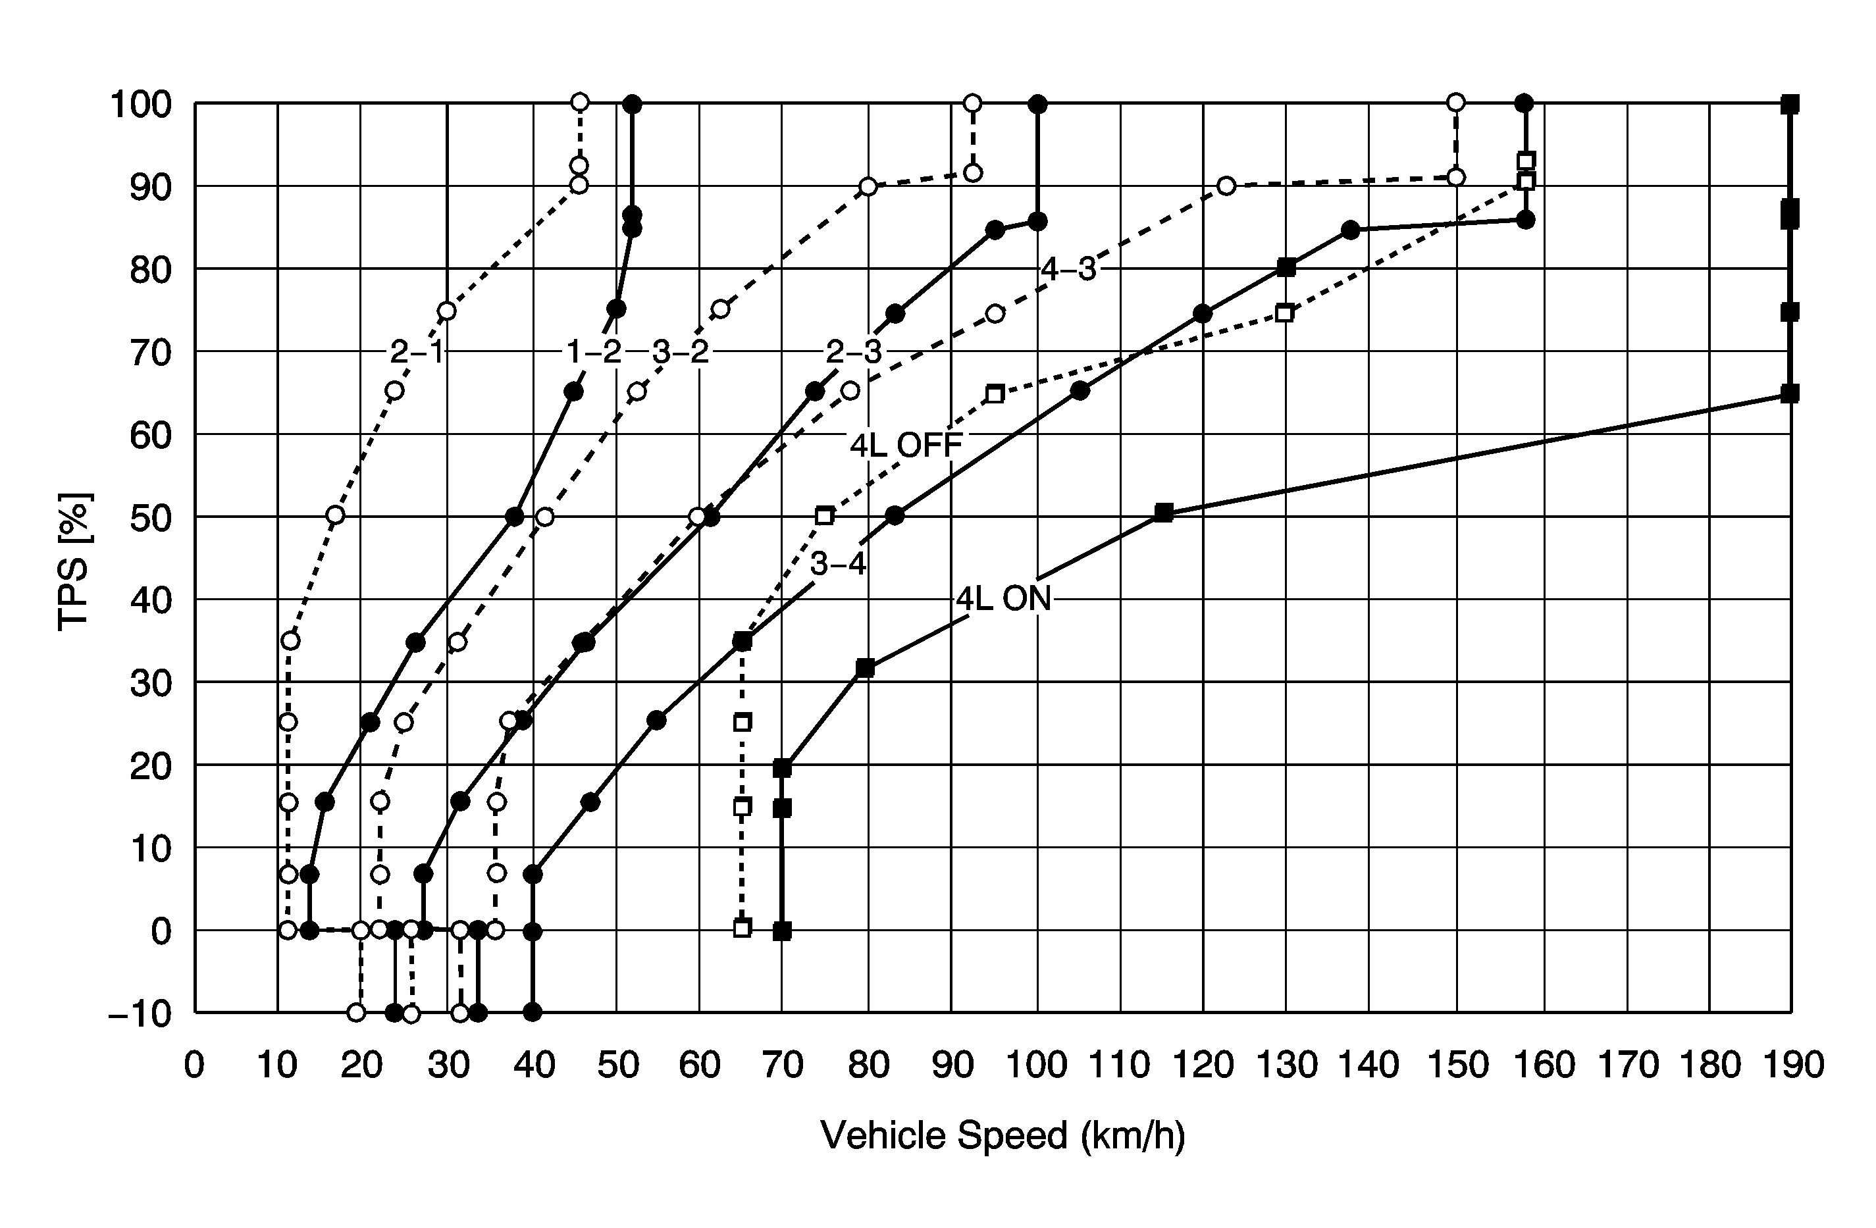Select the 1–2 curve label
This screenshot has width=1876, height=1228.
[x=594, y=352]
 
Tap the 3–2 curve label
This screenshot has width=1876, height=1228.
[x=680, y=352]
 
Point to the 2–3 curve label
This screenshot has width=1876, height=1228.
[x=854, y=352]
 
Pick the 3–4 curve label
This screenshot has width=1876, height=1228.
[x=838, y=565]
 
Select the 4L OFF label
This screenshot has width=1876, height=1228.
[x=906, y=446]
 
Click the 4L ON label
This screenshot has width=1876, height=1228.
[x=1003, y=600]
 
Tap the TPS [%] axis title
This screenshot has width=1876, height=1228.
[x=75, y=561]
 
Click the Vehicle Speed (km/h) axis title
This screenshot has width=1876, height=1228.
[x=1003, y=1136]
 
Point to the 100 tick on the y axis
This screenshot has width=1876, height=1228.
[x=141, y=104]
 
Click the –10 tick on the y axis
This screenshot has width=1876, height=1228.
[x=140, y=1013]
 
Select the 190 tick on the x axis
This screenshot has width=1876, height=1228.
[x=1791, y=1065]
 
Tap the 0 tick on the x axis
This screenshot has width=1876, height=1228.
[x=194, y=1065]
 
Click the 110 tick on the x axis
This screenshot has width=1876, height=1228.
[x=1119, y=1065]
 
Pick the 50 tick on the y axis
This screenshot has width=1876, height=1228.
[x=151, y=517]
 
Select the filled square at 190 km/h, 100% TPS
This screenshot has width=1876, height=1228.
[x=1790, y=103]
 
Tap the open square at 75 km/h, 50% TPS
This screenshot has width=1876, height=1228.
[x=825, y=516]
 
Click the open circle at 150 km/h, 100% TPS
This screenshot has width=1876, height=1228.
[x=1456, y=103]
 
